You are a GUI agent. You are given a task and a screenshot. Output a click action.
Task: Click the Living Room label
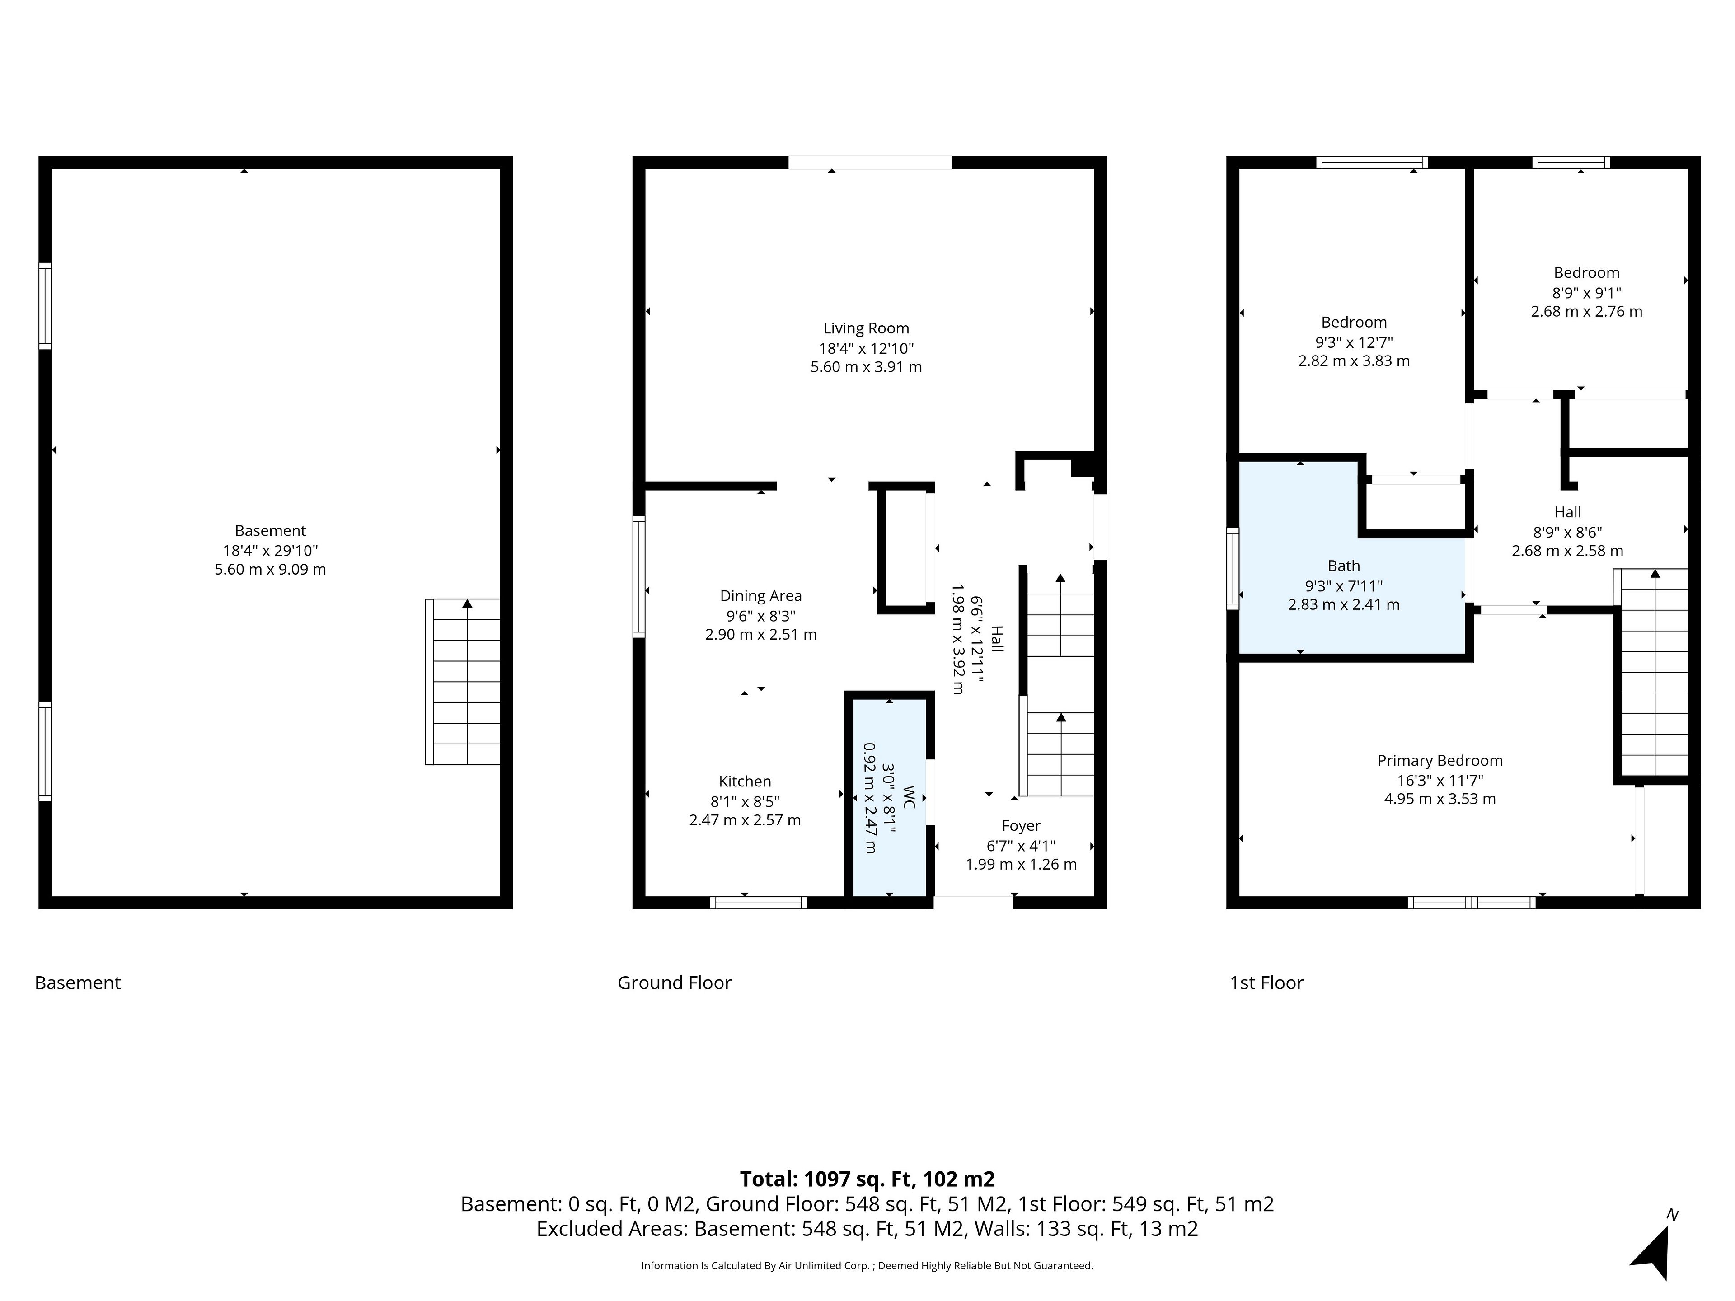(866, 328)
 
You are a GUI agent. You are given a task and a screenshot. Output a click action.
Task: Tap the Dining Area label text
(761, 596)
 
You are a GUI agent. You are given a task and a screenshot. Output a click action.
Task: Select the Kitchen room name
(745, 781)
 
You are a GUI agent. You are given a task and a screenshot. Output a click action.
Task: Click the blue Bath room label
(1344, 566)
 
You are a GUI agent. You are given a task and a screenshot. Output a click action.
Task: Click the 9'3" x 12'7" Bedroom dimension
(1354, 342)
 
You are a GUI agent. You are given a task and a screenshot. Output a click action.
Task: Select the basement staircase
(463, 682)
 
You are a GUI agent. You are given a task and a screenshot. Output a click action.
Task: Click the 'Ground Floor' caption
(675, 983)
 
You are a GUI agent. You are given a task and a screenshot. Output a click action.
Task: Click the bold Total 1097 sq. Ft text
(867, 1179)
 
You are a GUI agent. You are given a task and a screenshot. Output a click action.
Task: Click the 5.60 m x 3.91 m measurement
(866, 367)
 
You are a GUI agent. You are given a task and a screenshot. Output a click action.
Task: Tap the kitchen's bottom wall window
(759, 903)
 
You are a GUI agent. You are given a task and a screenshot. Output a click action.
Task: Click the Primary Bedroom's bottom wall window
(1472, 903)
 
